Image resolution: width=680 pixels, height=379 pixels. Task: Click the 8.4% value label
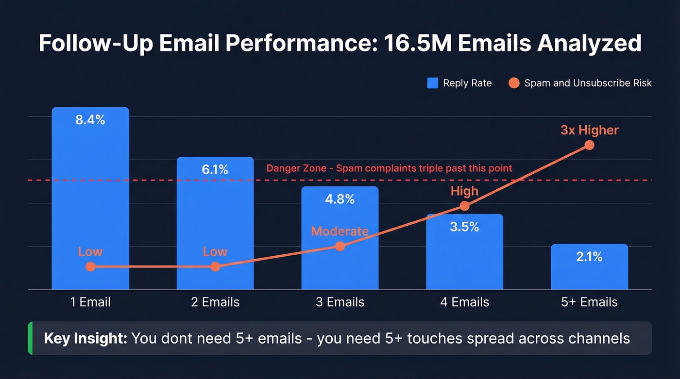click(x=90, y=120)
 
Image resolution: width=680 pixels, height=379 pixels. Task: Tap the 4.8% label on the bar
click(x=340, y=199)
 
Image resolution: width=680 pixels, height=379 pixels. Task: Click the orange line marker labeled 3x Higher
click(x=589, y=145)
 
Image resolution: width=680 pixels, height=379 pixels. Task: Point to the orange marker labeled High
click(x=464, y=206)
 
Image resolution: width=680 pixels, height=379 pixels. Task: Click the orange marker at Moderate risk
click(x=340, y=247)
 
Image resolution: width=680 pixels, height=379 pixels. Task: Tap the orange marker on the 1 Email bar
click(x=90, y=266)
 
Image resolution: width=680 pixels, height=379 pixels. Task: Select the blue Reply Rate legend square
click(x=432, y=83)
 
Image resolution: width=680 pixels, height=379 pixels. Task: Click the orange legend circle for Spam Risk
click(x=514, y=83)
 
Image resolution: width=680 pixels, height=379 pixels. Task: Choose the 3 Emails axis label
click(x=340, y=302)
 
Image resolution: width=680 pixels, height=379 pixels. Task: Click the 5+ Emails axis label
click(x=589, y=302)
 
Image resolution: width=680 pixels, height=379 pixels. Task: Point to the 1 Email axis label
click(x=90, y=302)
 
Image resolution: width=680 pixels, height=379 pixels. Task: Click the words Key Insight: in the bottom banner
click(x=85, y=338)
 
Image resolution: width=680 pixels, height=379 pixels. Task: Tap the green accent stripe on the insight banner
click(x=30, y=338)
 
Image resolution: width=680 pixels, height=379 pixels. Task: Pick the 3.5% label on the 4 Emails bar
click(x=464, y=227)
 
